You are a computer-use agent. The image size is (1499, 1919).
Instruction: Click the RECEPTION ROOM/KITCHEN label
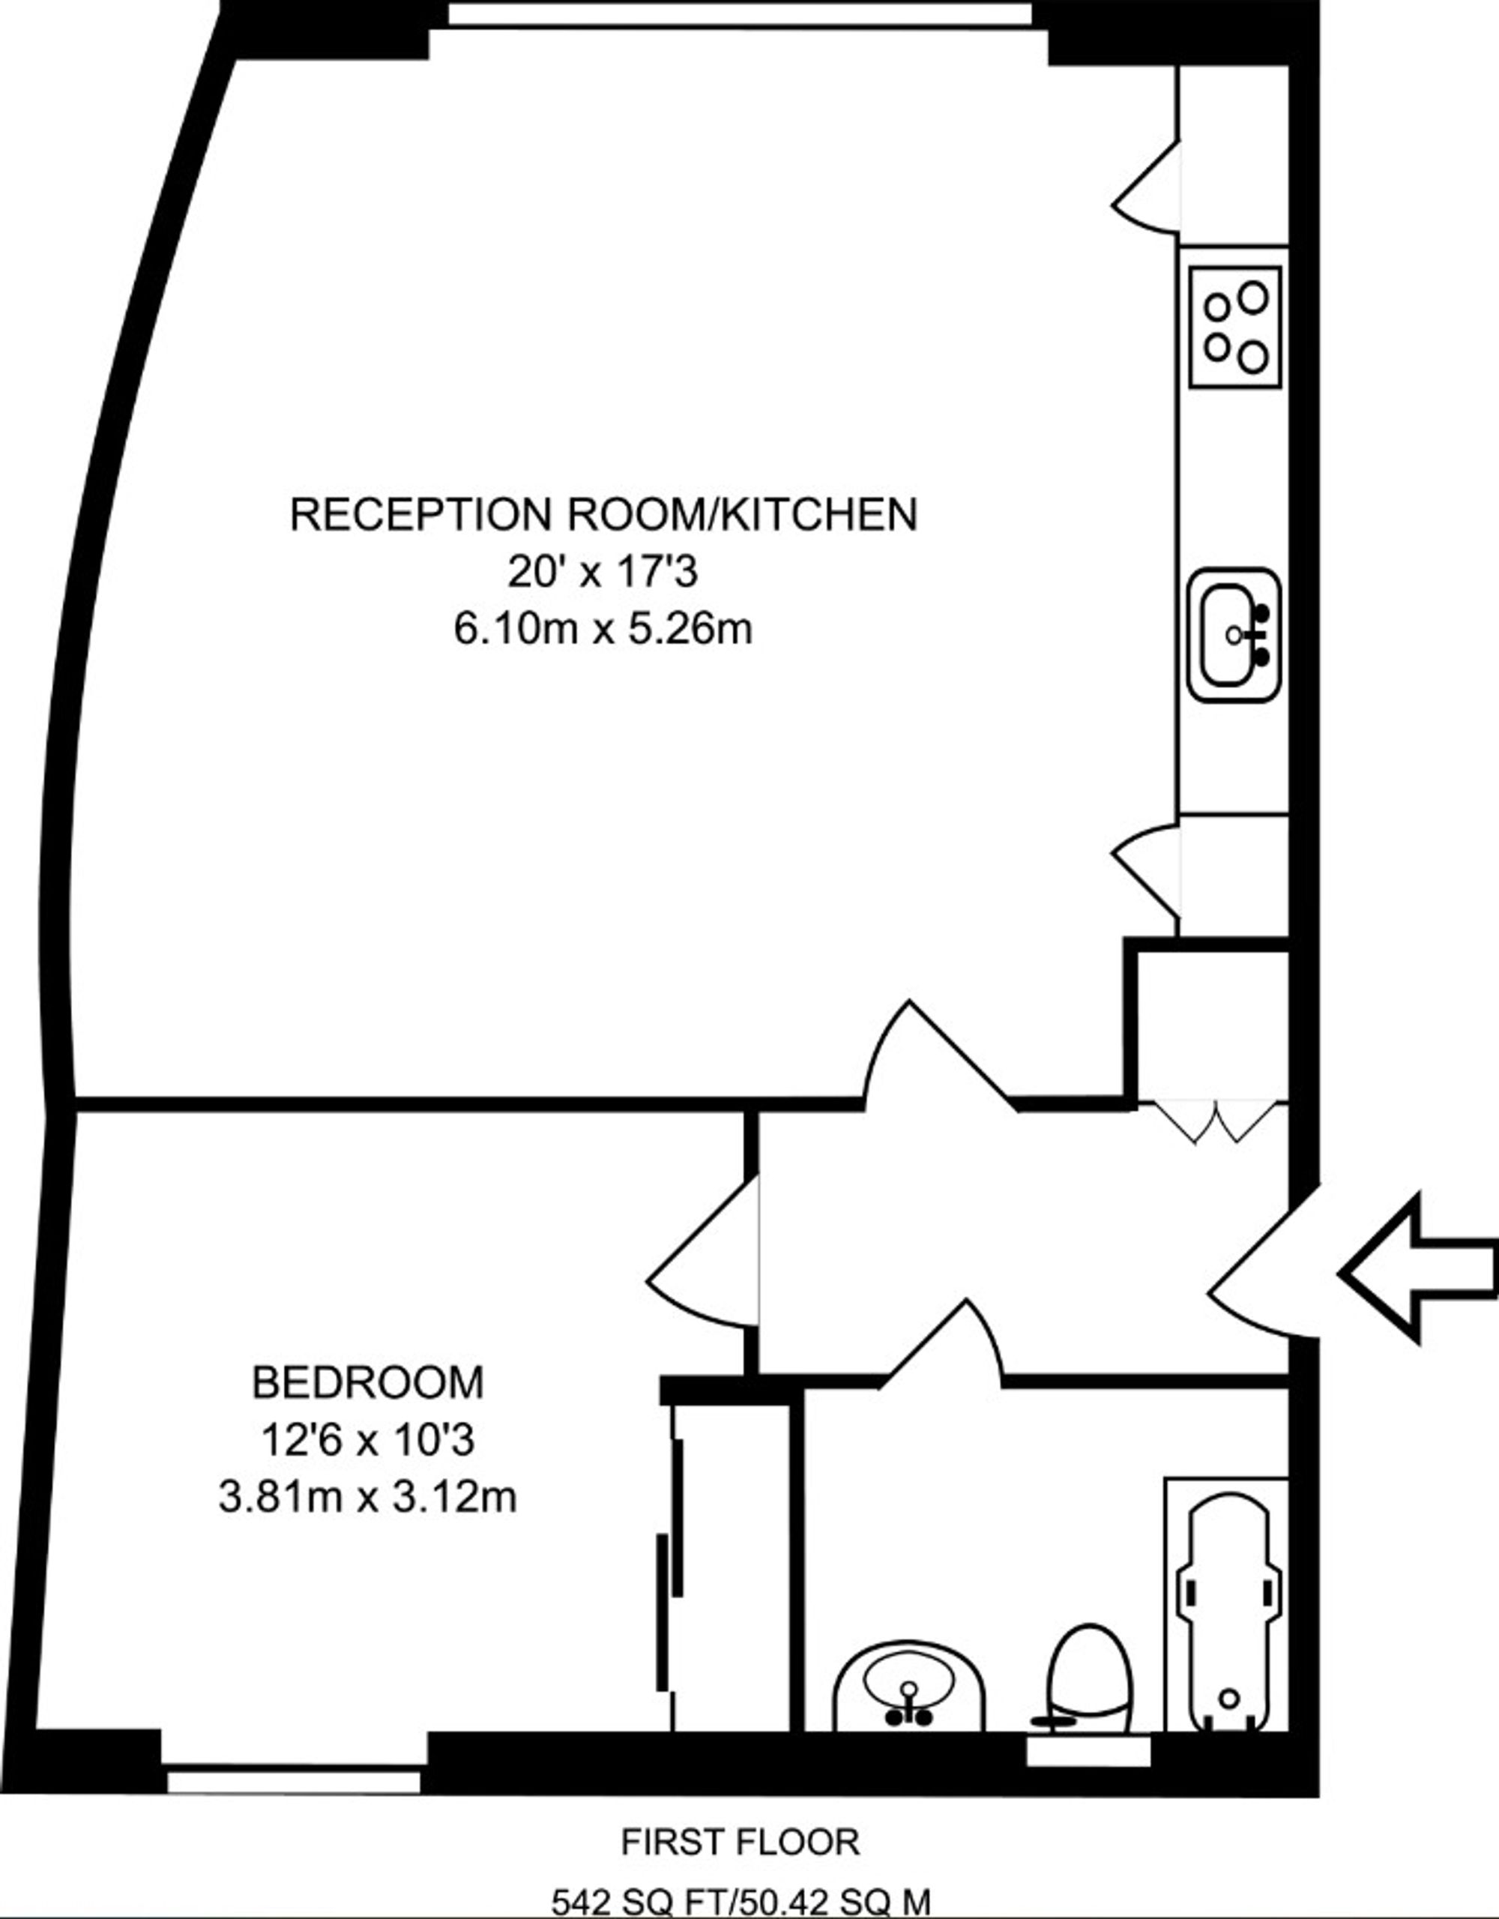point(603,515)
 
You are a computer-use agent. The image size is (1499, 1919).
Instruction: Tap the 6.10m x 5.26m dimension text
point(603,629)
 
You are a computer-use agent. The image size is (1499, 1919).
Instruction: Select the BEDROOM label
point(368,1383)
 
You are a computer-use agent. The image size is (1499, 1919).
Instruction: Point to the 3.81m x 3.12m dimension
point(367,1496)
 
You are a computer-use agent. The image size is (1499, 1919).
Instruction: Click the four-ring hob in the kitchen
point(1234,327)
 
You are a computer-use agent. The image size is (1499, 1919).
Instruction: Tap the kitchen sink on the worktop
point(1233,634)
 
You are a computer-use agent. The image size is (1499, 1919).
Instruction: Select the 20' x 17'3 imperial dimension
point(603,573)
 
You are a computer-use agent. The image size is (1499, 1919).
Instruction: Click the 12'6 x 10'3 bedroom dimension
point(367,1440)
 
